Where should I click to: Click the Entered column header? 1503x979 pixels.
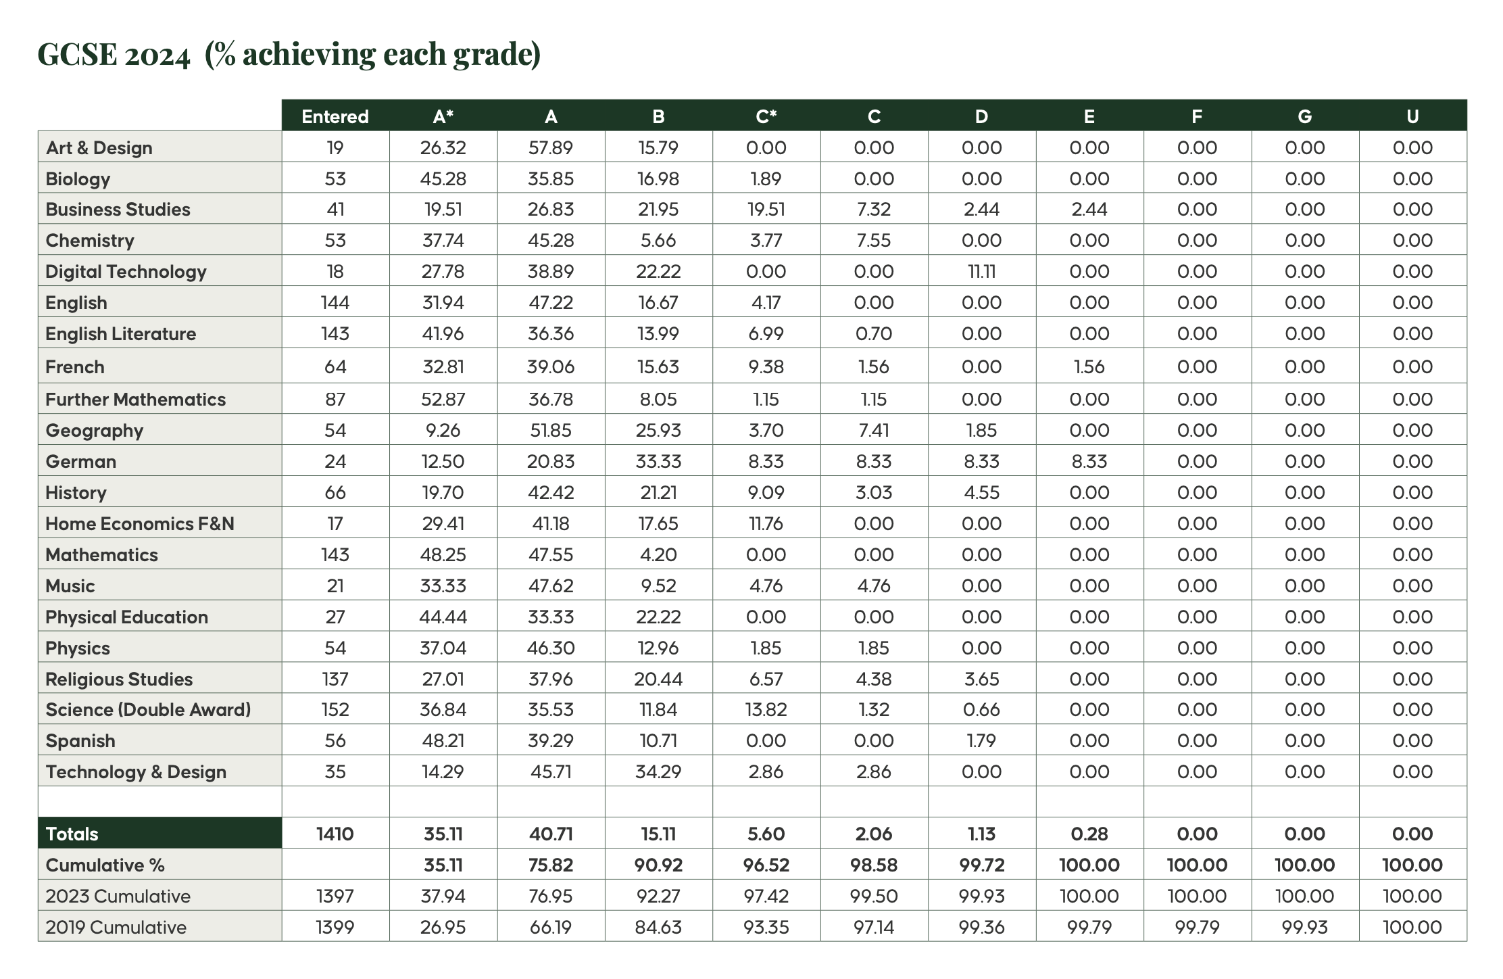[335, 117]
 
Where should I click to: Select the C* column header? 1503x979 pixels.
[766, 117]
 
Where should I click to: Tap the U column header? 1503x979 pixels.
[1412, 117]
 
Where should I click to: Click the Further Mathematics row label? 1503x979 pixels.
[135, 400]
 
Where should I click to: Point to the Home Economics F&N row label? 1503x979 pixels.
[139, 524]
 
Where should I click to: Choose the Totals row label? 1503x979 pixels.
[72, 834]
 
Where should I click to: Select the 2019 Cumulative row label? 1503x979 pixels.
[116, 927]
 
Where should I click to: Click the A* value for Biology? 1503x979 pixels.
[443, 179]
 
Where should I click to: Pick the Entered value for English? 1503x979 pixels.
[335, 303]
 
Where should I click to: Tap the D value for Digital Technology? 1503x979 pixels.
[981, 272]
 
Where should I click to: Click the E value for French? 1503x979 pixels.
[1089, 367]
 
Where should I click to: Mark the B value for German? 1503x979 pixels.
[658, 462]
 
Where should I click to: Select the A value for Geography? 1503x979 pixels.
[551, 431]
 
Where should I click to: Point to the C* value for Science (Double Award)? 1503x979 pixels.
[766, 710]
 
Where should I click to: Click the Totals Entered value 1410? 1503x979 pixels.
[335, 834]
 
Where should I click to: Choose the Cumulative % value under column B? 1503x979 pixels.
[658, 865]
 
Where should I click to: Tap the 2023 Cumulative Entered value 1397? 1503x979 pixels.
[335, 897]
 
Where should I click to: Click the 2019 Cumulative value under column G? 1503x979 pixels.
[1304, 927]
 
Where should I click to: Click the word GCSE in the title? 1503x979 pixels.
[78, 54]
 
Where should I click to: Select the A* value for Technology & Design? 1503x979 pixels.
[443, 772]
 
